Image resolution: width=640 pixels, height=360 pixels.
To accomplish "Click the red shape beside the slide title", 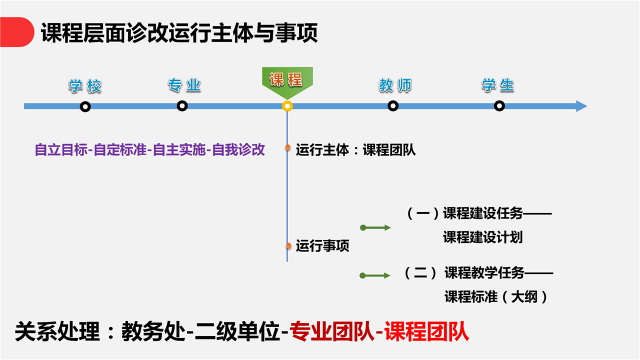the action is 16,32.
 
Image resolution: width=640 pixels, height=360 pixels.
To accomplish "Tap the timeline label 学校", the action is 85,86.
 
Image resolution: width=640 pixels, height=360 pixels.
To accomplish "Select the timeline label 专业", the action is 184,85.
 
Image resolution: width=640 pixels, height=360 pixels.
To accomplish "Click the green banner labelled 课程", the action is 287,81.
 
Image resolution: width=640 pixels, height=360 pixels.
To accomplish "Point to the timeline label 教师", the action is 395,85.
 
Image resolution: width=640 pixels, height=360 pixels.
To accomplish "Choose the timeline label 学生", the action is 498,85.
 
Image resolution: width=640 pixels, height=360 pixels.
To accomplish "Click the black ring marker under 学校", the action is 85,107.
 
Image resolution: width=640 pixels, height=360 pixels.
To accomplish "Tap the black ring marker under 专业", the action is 182,106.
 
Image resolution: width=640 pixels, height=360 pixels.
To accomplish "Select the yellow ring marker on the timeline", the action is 287,106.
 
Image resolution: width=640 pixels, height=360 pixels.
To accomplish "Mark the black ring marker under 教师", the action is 393,106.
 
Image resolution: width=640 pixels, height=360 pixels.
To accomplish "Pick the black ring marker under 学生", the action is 499,106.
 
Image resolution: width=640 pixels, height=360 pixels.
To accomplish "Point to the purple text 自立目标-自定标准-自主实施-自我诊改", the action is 149,149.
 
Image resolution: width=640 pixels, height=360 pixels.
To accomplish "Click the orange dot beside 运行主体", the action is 287,147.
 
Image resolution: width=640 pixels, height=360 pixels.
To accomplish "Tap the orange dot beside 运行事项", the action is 288,245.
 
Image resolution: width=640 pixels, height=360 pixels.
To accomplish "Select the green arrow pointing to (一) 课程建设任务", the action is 375,227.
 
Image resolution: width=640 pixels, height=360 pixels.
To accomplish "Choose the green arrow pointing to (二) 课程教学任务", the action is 375,275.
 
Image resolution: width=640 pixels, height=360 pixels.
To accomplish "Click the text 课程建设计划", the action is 483,237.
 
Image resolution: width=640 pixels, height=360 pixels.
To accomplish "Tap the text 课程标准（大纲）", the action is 496,296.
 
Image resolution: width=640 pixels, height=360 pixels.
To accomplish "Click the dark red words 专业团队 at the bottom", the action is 331,331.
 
